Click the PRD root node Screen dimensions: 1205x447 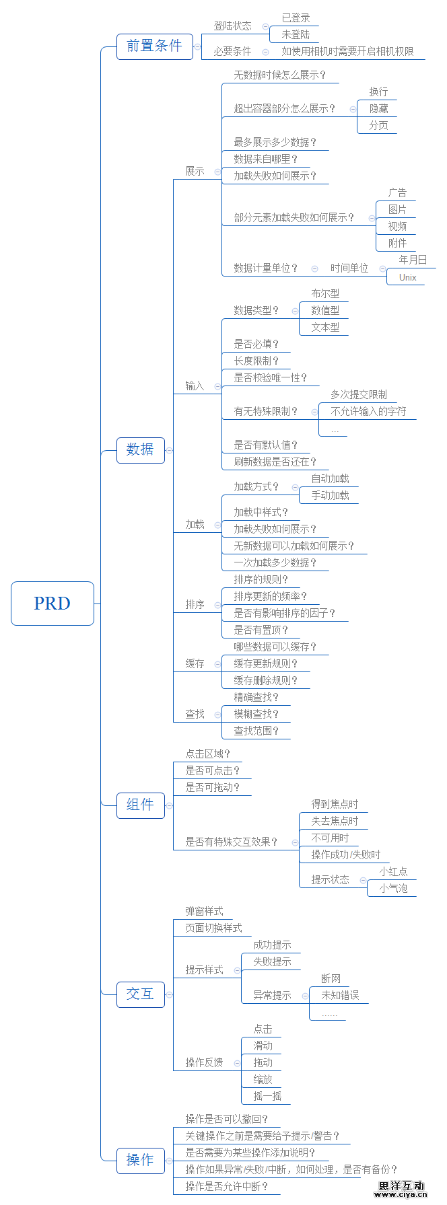point(53,604)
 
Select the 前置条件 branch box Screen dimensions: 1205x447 point(154,46)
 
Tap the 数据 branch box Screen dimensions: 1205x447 point(140,449)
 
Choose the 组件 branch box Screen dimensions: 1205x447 point(140,805)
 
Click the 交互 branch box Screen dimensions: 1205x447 point(140,994)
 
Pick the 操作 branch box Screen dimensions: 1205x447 point(140,1160)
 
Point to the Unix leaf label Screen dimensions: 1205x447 point(407,277)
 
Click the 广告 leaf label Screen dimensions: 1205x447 point(397,192)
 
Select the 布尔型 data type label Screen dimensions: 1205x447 point(325,293)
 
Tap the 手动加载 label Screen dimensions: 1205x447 point(330,495)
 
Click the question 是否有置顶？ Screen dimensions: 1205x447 point(261,630)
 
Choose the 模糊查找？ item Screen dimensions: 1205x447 point(256,714)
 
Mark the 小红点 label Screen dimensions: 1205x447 point(393,871)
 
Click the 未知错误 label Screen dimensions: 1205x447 point(340,995)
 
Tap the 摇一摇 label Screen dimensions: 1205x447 point(267,1096)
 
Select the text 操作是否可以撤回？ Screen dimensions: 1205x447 point(227,1119)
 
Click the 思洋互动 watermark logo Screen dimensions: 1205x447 point(401,1189)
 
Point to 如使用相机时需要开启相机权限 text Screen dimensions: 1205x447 point(347,51)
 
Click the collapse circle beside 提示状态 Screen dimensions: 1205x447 point(363,880)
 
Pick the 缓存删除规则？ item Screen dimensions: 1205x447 point(265,680)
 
